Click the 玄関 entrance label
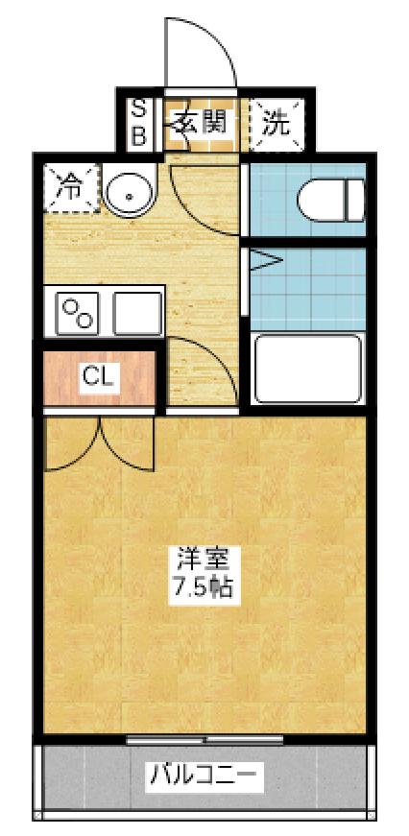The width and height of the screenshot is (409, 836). pyautogui.click(x=201, y=122)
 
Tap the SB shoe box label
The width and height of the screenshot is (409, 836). pyautogui.click(x=137, y=121)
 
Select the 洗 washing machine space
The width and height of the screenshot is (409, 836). pyautogui.click(x=276, y=122)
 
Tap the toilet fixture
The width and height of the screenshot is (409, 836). pyautogui.click(x=329, y=201)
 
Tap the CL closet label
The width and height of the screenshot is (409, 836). pyautogui.click(x=98, y=375)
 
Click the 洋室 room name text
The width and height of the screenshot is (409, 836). pyautogui.click(x=201, y=558)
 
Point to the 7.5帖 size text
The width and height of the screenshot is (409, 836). pyautogui.click(x=201, y=587)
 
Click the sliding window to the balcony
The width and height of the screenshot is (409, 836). pyautogui.click(x=205, y=739)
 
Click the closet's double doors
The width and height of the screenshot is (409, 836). pyautogui.click(x=100, y=443)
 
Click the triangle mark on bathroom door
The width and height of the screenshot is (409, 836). pyautogui.click(x=264, y=259)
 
